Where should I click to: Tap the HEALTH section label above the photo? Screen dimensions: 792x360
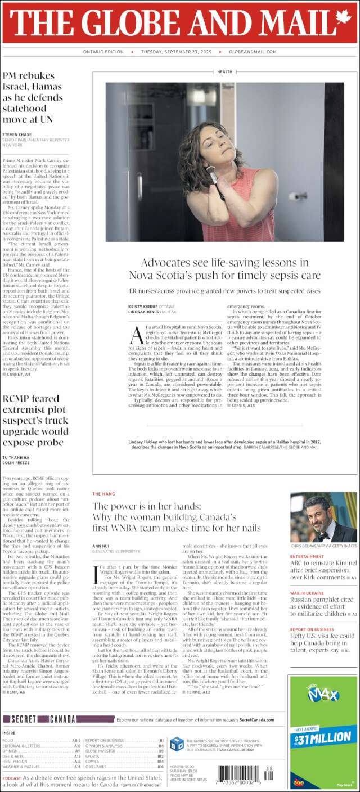[x=224, y=72]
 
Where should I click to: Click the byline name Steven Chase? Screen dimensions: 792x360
[x=17, y=135]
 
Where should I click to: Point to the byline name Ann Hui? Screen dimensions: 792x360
[x=100, y=546]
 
